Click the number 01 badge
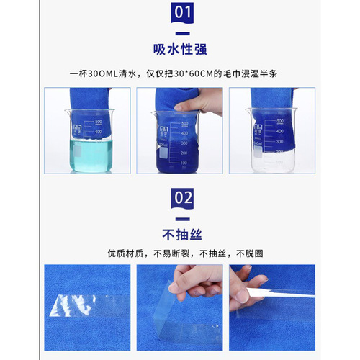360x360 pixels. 180,12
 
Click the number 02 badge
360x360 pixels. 180,197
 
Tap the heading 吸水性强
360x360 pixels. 180,49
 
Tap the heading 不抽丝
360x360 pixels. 180,234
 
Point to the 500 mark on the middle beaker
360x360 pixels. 184,124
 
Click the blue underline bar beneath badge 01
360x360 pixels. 180,32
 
